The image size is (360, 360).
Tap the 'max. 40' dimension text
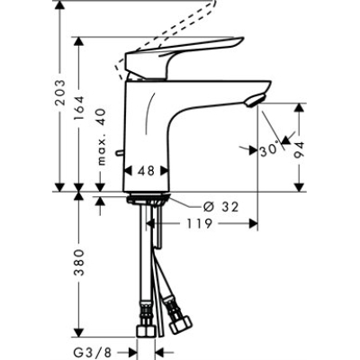[x=100, y=135]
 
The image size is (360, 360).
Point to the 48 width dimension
[x=146, y=168]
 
